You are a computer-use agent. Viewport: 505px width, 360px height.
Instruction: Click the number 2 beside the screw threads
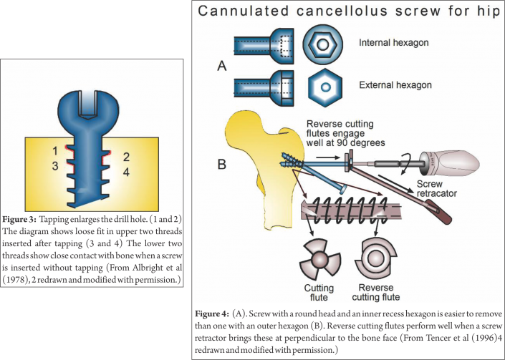125,155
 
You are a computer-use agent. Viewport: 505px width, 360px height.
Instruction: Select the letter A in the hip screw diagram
222,67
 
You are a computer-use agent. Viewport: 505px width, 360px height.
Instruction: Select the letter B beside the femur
222,163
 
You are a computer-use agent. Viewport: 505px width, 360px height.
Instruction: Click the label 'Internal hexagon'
393,43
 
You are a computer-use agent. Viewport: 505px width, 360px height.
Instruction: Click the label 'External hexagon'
395,85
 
